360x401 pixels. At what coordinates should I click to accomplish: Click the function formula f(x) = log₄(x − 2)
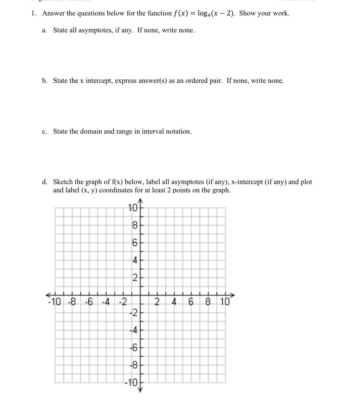204,13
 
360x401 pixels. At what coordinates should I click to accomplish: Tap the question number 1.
33,13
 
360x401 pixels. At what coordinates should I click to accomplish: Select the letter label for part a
44,31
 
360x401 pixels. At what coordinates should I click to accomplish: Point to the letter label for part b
45,81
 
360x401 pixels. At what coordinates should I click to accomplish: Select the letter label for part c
44,132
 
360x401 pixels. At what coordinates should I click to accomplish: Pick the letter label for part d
45,182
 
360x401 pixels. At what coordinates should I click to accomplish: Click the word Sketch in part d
63,182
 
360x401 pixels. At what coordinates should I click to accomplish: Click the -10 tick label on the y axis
131,382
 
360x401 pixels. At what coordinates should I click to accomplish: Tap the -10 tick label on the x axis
54,301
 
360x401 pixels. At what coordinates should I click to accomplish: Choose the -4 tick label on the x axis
105,301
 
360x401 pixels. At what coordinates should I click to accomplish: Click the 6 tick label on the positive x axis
191,301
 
